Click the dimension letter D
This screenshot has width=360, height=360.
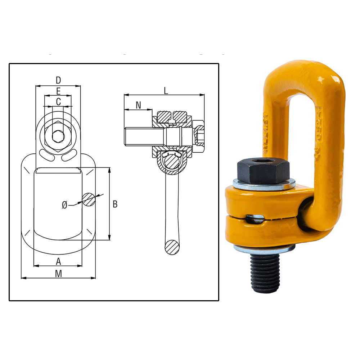pyautogui.click(x=58, y=80)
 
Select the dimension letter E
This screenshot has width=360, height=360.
pyautogui.click(x=58, y=91)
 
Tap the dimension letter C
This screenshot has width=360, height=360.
pyautogui.click(x=58, y=102)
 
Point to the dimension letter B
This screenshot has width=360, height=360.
pyautogui.click(x=115, y=204)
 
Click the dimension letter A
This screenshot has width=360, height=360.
pyautogui.click(x=58, y=261)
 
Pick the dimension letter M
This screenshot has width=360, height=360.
pyautogui.click(x=58, y=274)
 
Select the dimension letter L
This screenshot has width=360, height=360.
pyautogui.click(x=166, y=90)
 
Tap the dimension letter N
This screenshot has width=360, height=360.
pyautogui.click(x=138, y=105)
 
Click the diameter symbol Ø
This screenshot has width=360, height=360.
pyautogui.click(x=64, y=205)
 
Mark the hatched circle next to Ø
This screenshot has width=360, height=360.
pyautogui.click(x=89, y=199)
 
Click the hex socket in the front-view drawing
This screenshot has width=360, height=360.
pyautogui.click(x=57, y=137)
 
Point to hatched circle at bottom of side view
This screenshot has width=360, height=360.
pyautogui.click(x=171, y=247)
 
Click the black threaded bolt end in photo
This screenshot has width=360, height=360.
pyautogui.click(x=265, y=274)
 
